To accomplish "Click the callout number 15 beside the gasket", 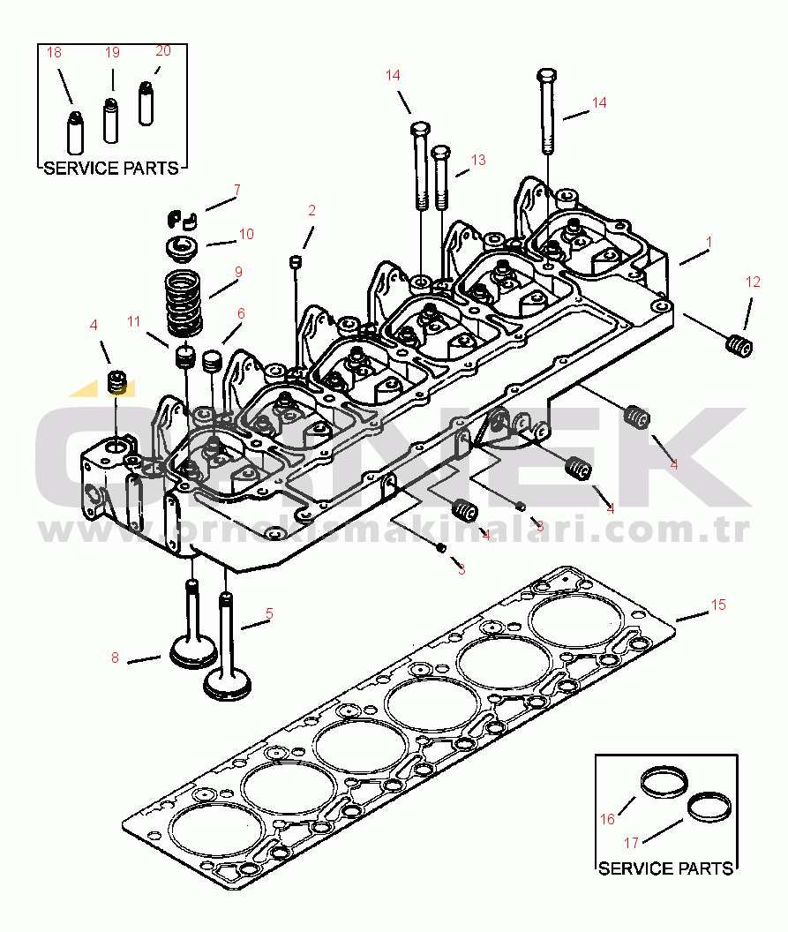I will (x=718, y=605).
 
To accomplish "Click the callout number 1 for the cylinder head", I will (x=708, y=242).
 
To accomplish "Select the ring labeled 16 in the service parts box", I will (x=664, y=782).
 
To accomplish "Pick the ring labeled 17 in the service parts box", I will (x=709, y=806).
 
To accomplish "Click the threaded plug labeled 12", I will (x=739, y=345).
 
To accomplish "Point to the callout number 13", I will (x=478, y=161).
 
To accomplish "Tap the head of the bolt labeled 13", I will (x=442, y=152).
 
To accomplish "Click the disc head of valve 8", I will (x=192, y=654).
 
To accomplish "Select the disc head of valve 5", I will (x=227, y=683).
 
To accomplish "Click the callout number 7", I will (x=236, y=190).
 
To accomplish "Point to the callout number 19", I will (x=112, y=53).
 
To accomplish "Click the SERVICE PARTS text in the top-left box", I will (x=111, y=168).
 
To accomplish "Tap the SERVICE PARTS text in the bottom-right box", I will (x=665, y=868).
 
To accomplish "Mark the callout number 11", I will (x=133, y=321).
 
